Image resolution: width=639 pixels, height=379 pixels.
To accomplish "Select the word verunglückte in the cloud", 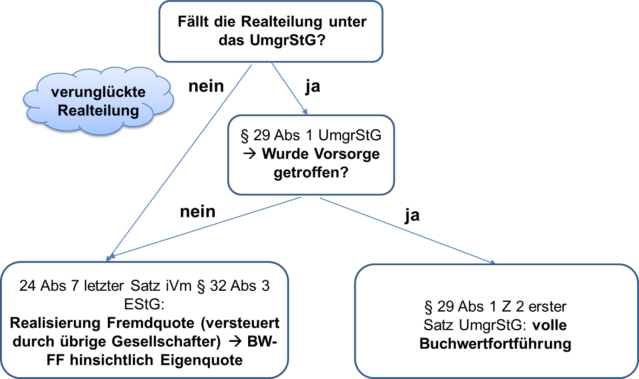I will [98, 92].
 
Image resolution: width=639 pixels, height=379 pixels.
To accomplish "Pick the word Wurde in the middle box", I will [284, 154].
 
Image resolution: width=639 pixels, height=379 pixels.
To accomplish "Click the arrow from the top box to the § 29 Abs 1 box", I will [289, 88].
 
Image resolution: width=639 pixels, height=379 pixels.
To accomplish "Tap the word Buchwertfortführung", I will [495, 344].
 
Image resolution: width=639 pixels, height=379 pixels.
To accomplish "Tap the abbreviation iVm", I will [182, 286].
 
